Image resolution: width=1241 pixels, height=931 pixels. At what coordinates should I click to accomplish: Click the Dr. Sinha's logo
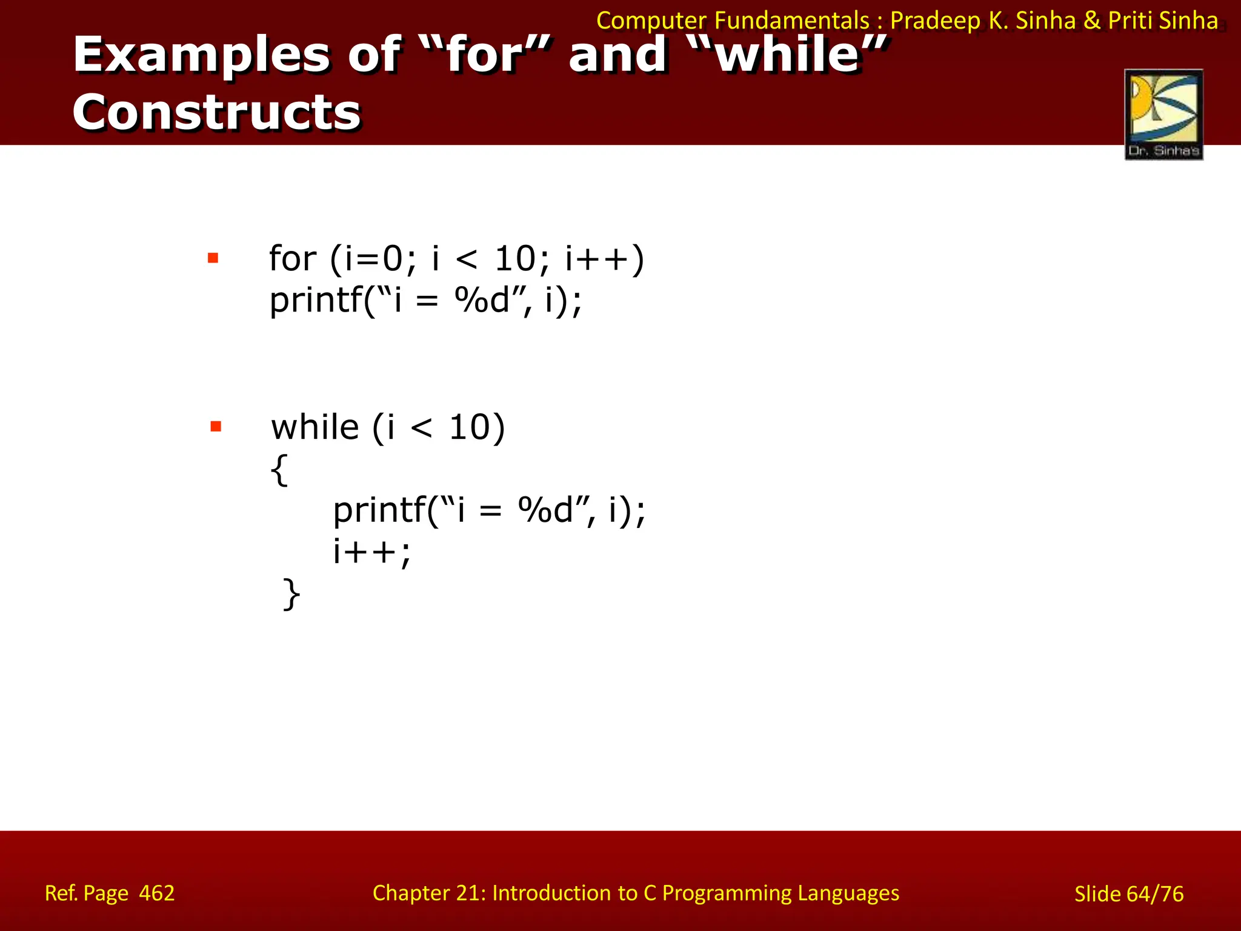(x=1163, y=114)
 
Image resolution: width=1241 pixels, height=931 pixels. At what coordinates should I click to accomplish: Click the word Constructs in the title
(x=216, y=113)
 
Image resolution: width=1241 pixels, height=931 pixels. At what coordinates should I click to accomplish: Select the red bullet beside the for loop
(x=213, y=258)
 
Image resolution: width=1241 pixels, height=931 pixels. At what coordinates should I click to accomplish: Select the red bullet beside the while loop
(x=216, y=427)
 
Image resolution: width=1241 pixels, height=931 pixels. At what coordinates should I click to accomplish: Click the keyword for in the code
(x=292, y=258)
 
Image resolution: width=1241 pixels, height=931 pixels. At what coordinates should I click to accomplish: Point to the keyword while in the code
(x=315, y=427)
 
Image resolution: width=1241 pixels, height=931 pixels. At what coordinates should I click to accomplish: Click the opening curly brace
(x=279, y=469)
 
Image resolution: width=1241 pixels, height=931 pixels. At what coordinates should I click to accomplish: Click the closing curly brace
(x=291, y=594)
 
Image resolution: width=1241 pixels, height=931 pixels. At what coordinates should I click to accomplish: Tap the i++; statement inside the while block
(x=371, y=552)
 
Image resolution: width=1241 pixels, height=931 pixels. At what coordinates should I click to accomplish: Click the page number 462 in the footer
(x=156, y=893)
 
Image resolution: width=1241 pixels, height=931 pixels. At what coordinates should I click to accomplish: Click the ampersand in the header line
(x=1092, y=21)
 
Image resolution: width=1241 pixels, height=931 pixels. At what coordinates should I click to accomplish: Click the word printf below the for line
(x=316, y=300)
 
